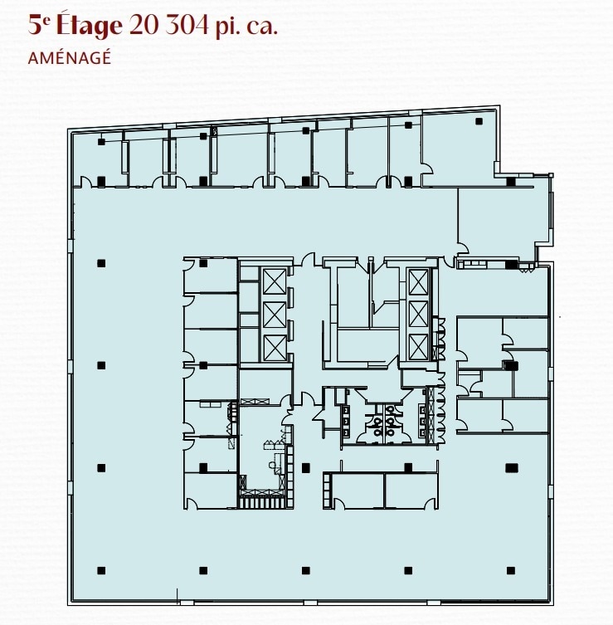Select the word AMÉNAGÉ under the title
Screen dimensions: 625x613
tap(69, 58)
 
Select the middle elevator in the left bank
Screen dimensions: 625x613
tap(274, 315)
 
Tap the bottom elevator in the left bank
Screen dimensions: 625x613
tap(274, 348)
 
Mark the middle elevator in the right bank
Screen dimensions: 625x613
tap(417, 315)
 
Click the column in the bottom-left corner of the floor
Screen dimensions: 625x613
tap(101, 570)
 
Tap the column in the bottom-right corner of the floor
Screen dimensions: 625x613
tap(510, 570)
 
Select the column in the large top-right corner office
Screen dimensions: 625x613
tap(479, 122)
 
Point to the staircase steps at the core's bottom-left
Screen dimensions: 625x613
tap(260, 500)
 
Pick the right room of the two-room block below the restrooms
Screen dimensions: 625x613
tap(411, 490)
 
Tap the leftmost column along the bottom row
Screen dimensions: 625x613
tap(101, 570)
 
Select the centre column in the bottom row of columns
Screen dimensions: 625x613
tap(305, 570)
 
